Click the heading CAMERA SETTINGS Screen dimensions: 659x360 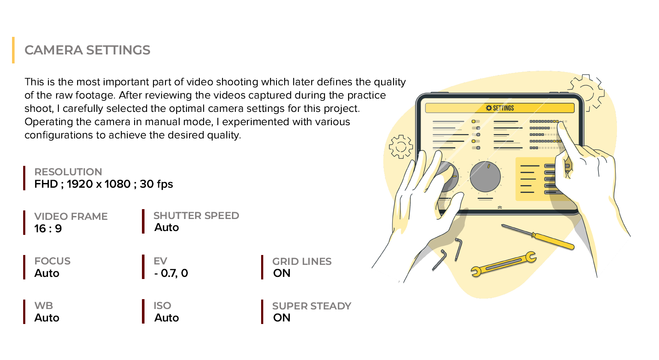click(x=87, y=50)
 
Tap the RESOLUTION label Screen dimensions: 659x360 click(x=68, y=172)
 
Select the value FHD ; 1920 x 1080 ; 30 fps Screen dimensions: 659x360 click(x=104, y=184)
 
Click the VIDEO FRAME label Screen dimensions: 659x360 click(x=71, y=216)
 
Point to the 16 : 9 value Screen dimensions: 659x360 click(x=48, y=229)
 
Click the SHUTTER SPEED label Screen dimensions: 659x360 click(x=196, y=216)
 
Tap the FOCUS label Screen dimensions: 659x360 click(x=52, y=261)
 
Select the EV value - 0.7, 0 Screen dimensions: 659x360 click(x=171, y=273)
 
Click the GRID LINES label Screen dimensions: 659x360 click(x=302, y=261)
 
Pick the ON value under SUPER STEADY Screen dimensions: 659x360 click(x=282, y=318)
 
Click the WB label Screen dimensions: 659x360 click(x=44, y=306)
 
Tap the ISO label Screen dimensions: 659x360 click(x=162, y=306)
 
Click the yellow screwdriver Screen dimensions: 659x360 click(x=538, y=237)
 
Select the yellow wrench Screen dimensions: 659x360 click(x=504, y=264)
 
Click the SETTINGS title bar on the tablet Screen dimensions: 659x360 click(x=500, y=108)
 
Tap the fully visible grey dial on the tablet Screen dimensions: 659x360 click(x=485, y=177)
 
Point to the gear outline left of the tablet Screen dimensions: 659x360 click(x=401, y=147)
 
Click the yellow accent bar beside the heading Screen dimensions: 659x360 click(x=13, y=50)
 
